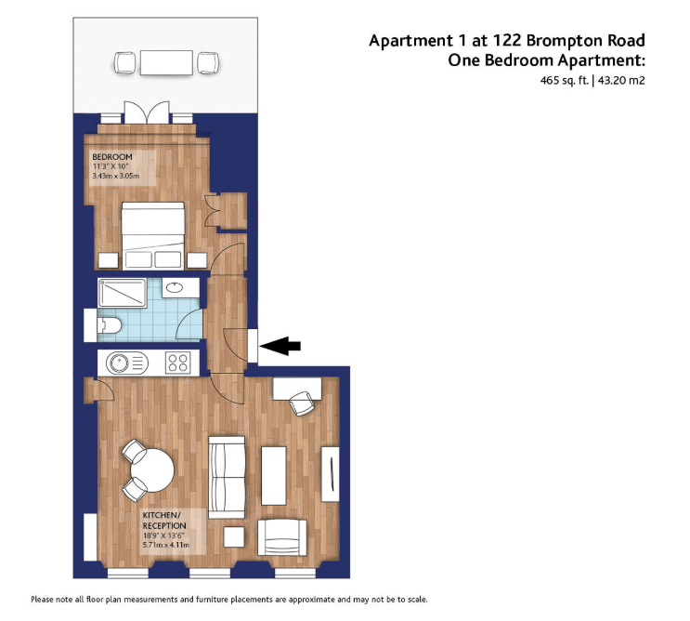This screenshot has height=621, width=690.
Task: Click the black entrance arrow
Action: [x=280, y=346]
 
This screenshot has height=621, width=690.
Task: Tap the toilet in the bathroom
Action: [x=109, y=326]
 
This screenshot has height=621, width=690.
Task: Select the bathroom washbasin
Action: [x=175, y=287]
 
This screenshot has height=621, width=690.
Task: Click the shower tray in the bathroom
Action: [x=122, y=293]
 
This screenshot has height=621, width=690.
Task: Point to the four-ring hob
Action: [x=178, y=363]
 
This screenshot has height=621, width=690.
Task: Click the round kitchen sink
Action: [x=119, y=363]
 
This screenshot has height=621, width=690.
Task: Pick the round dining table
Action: [x=152, y=470]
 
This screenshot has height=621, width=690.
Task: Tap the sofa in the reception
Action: [x=227, y=478]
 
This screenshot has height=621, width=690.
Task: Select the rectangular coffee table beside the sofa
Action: [x=274, y=476]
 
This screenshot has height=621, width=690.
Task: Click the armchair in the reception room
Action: [x=282, y=537]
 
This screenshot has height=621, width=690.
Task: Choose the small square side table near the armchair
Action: [x=234, y=537]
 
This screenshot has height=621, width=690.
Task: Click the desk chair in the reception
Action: [x=302, y=403]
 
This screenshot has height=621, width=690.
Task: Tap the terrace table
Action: [x=166, y=62]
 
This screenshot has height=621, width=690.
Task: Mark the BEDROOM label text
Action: [x=112, y=157]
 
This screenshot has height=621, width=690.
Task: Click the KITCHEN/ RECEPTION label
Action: [x=164, y=521]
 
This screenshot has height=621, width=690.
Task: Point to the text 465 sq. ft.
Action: [x=565, y=80]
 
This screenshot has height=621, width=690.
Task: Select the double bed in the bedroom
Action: [x=152, y=235]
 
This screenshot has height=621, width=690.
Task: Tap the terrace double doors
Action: [x=147, y=112]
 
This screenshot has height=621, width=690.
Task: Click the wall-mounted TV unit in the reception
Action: [x=330, y=474]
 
